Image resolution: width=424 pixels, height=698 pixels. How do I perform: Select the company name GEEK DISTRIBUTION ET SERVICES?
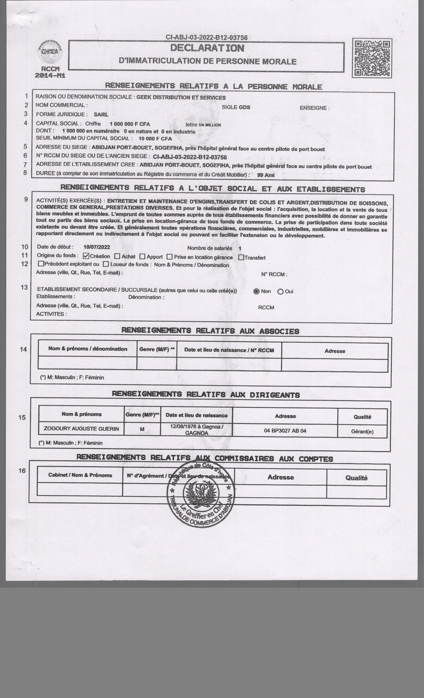(181, 98)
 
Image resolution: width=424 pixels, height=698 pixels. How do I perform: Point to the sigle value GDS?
(244, 107)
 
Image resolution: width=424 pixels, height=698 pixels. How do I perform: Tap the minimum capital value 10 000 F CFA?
(155, 139)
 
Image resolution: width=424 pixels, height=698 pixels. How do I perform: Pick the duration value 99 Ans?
(266, 175)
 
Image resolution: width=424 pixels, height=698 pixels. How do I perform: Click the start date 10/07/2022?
(97, 247)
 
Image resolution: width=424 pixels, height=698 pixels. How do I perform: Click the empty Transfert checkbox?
(241, 257)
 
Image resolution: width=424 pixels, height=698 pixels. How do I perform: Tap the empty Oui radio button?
(280, 291)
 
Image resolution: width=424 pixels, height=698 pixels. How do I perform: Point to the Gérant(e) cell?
(362, 431)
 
